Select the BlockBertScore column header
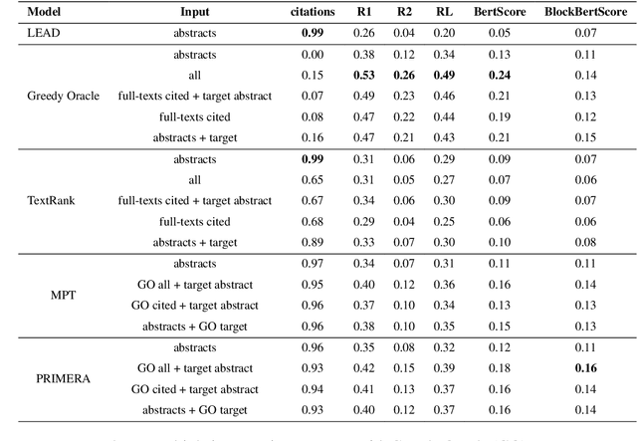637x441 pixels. tap(585, 13)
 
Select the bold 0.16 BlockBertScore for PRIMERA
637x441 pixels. tap(585, 367)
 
